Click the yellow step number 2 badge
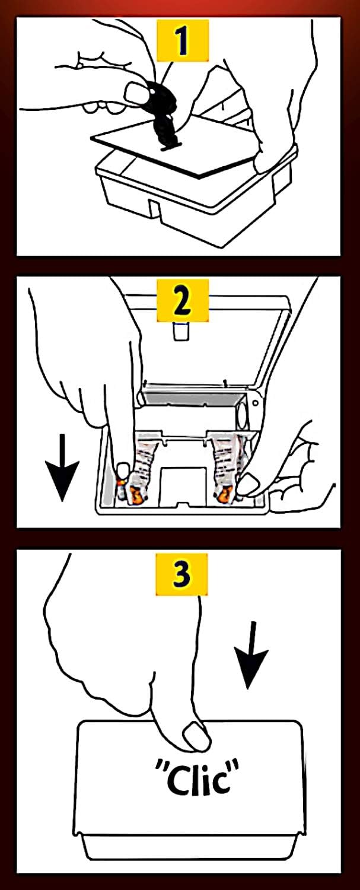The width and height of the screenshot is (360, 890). tap(183, 300)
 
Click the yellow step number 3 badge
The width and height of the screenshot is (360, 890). tap(181, 574)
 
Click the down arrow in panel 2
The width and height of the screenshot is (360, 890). tap(62, 468)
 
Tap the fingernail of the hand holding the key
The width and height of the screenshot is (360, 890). tap(133, 92)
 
